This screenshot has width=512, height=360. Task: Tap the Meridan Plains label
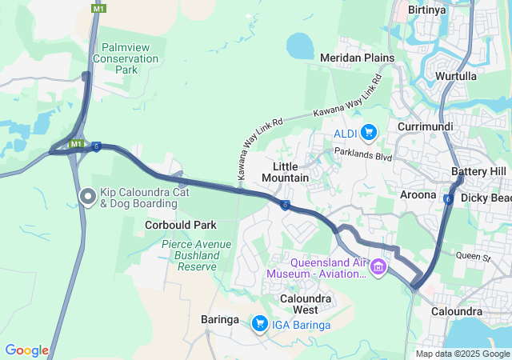(x=357, y=58)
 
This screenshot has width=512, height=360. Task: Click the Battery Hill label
(x=478, y=172)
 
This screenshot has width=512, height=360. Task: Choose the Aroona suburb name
(x=418, y=194)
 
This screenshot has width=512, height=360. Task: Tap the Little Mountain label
(x=285, y=171)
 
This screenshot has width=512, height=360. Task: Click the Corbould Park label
(x=181, y=226)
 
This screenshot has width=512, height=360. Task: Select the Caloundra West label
(x=298, y=304)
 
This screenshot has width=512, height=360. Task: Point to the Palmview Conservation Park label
(x=126, y=58)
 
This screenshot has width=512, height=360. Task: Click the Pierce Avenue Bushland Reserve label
(x=190, y=255)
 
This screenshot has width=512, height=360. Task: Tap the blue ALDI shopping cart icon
(x=368, y=132)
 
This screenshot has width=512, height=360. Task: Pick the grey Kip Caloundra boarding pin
(x=88, y=196)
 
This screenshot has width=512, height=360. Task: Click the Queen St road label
(x=472, y=257)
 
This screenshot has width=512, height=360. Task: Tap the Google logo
(x=26, y=350)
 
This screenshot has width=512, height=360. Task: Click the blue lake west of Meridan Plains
(x=300, y=45)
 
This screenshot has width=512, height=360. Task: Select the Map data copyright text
(x=462, y=354)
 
